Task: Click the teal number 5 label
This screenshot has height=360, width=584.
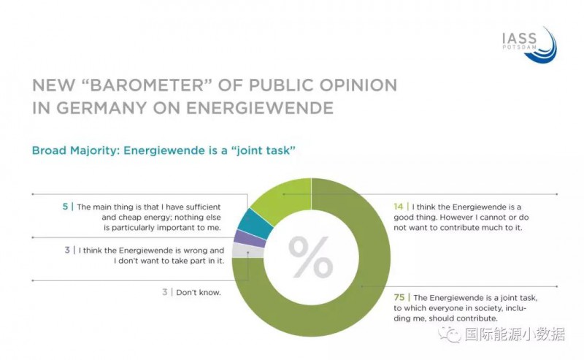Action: [66, 207]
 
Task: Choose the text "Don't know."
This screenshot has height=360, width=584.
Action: [196, 292]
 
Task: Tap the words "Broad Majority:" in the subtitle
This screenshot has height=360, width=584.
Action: [75, 150]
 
